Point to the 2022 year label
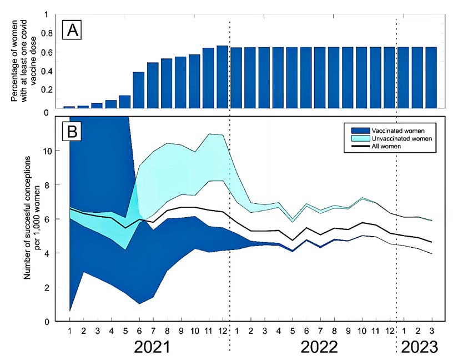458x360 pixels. coord(319,347)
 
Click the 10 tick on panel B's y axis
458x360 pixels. coord(48,151)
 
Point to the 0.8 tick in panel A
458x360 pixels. coord(47,33)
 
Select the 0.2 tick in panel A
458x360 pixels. coord(47,89)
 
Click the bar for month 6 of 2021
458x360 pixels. coord(139,90)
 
